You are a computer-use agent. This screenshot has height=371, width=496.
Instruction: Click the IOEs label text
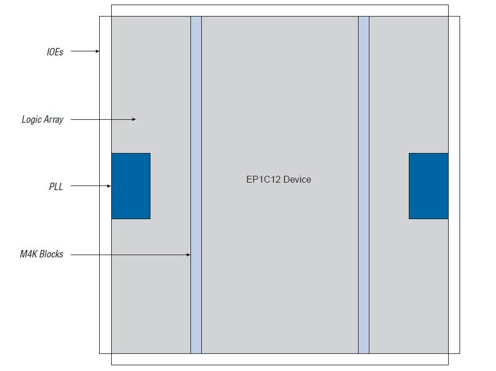(55, 52)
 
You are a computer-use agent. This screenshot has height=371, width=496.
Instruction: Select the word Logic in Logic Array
(31, 120)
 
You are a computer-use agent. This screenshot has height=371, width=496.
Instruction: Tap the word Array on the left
(53, 120)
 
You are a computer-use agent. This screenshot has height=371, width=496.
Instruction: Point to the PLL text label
(55, 187)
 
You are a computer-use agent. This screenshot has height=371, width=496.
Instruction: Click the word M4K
(29, 255)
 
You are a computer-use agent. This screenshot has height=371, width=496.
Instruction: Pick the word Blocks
(51, 255)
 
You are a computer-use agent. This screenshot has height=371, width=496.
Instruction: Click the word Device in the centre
(297, 179)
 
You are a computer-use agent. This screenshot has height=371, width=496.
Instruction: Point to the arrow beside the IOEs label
(85, 51)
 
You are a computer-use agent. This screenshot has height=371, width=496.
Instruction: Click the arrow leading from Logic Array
(103, 119)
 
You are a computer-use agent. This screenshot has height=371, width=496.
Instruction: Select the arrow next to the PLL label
(91, 186)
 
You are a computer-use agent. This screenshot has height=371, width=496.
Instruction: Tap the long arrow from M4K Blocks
(131, 255)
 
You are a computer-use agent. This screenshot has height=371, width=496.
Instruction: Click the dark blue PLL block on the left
(131, 186)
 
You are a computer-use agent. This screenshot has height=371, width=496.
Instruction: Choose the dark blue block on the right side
(428, 186)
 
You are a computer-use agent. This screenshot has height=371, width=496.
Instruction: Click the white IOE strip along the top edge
(279, 10)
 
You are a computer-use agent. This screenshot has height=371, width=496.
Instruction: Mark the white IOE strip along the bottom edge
(279, 359)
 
